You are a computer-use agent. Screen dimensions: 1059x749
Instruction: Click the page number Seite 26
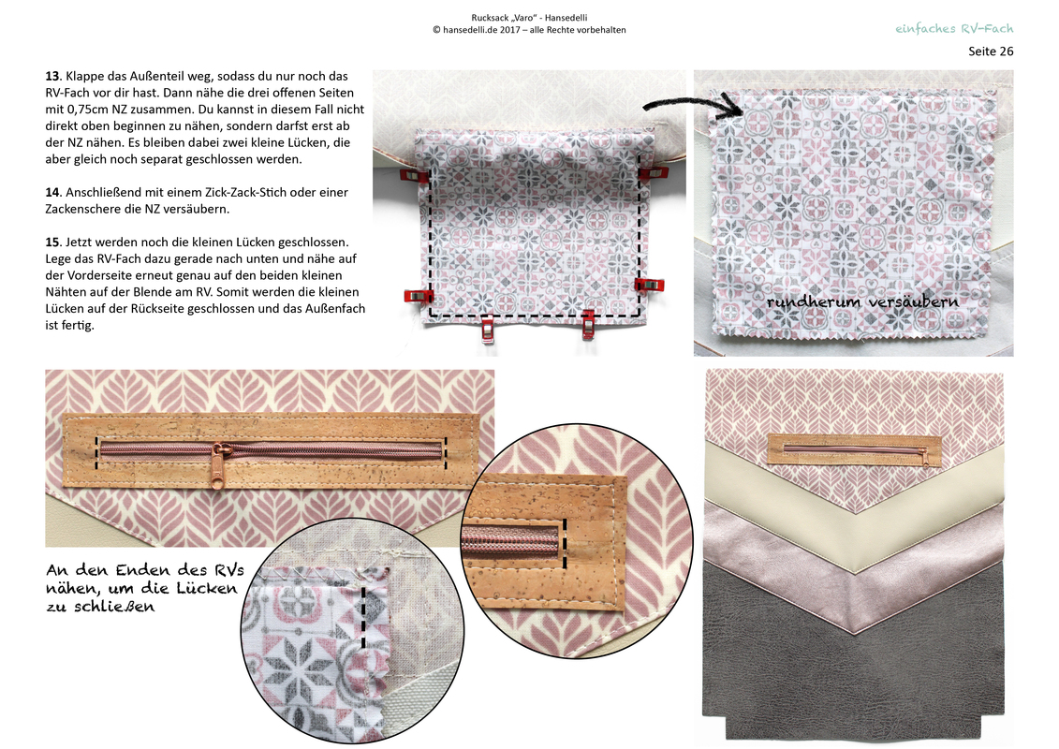click(990, 51)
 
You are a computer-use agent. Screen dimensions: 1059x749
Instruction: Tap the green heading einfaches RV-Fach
click(954, 28)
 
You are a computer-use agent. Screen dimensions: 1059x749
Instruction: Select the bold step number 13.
click(53, 77)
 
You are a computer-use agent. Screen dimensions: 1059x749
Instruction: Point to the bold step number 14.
click(53, 193)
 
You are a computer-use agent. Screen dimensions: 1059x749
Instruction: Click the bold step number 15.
click(53, 242)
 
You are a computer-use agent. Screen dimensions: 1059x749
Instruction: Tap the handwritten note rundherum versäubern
click(862, 301)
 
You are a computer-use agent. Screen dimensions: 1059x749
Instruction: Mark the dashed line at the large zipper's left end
click(96, 452)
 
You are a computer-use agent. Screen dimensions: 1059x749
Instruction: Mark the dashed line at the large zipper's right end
click(447, 452)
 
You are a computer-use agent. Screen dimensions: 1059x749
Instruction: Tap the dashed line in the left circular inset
click(363, 618)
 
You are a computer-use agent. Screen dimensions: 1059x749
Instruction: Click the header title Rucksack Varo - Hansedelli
click(529, 18)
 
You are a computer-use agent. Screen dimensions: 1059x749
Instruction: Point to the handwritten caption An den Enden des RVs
click(145, 570)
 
